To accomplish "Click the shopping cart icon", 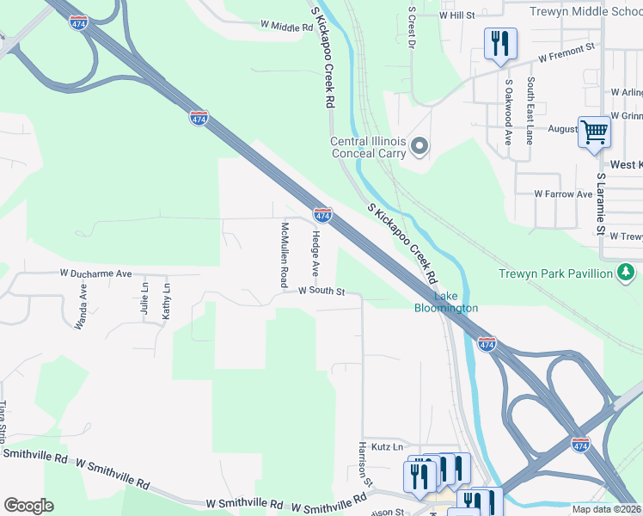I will (x=594, y=132).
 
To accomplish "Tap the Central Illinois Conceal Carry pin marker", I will (x=419, y=147).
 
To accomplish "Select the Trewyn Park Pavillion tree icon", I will (x=627, y=273).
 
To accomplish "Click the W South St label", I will (x=321, y=292).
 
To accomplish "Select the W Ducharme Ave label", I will (x=95, y=273).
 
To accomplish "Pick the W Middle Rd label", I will (x=286, y=28).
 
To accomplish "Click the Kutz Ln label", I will (x=386, y=446).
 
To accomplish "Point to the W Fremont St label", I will (x=567, y=52).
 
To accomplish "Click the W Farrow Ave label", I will (x=563, y=194).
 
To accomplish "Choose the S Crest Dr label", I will (x=413, y=31).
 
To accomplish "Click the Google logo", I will (x=28, y=506).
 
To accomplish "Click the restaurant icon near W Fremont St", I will (x=499, y=43).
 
